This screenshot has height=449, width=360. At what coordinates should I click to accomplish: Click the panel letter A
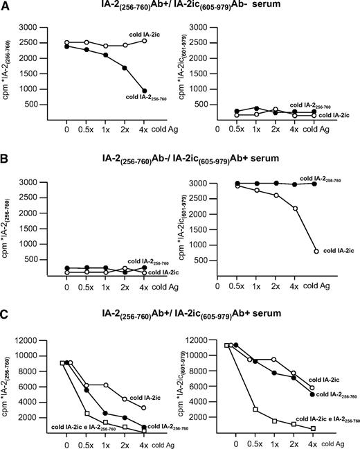tap(6, 6)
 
